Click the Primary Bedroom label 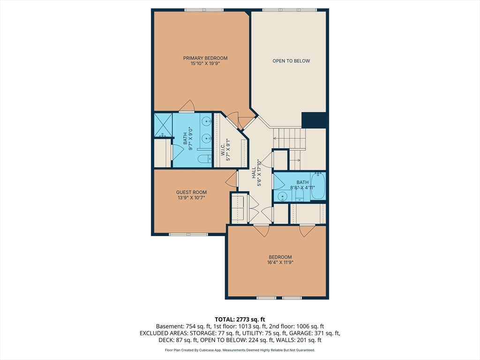[x=205, y=58]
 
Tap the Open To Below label [x=291, y=61]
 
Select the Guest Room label [x=191, y=192]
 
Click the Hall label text [x=254, y=172]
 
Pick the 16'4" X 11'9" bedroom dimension [x=280, y=262]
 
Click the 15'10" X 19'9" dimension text [x=205, y=64]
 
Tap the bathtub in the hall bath [x=318, y=186]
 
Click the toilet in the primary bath [x=204, y=159]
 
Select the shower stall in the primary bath [x=163, y=125]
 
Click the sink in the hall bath [x=282, y=196]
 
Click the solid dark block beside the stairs [x=314, y=120]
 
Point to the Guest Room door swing [x=232, y=180]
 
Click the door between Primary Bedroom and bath [x=187, y=106]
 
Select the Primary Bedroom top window [x=204, y=10]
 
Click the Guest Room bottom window [x=188, y=234]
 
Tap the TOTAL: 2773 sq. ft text [x=240, y=320]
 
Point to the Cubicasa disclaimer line [x=240, y=350]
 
